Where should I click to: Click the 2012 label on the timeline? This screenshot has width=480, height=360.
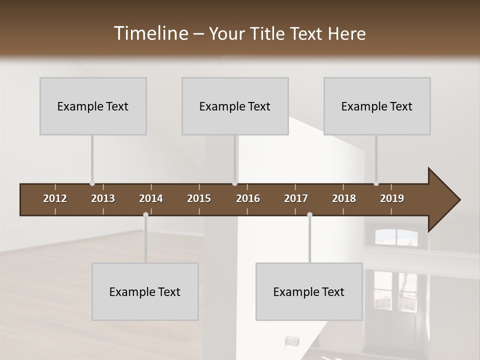click(x=55, y=198)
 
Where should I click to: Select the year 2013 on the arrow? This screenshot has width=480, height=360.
click(x=103, y=198)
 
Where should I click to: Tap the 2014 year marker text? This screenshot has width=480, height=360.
click(x=151, y=198)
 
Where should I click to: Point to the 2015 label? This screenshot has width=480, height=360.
click(x=199, y=198)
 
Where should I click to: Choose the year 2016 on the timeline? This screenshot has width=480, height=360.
click(x=248, y=198)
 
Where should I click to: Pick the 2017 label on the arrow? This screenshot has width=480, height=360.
click(x=296, y=198)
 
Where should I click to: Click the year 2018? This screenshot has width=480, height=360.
click(x=344, y=198)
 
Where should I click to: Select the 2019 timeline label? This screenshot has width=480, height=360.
click(x=392, y=198)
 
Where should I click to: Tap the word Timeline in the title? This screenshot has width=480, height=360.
click(x=150, y=33)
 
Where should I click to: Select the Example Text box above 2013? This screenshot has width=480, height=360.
click(x=93, y=106)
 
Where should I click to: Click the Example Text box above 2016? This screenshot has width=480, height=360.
click(x=235, y=106)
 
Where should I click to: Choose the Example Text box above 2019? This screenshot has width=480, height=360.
click(x=377, y=106)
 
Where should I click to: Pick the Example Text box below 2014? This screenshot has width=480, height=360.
click(x=145, y=291)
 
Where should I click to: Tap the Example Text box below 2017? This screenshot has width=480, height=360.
click(x=309, y=291)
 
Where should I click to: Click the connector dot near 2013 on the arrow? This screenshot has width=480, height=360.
click(x=92, y=183)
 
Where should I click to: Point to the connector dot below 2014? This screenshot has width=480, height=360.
click(x=145, y=215)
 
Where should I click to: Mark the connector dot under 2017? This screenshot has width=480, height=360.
click(x=309, y=215)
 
